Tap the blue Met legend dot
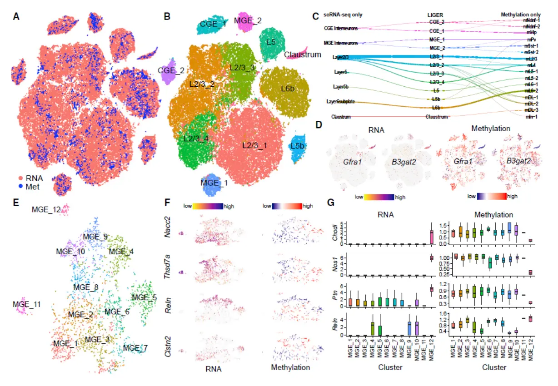click(20, 186)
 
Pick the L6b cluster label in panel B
click(288, 89)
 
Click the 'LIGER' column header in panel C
click(436, 14)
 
